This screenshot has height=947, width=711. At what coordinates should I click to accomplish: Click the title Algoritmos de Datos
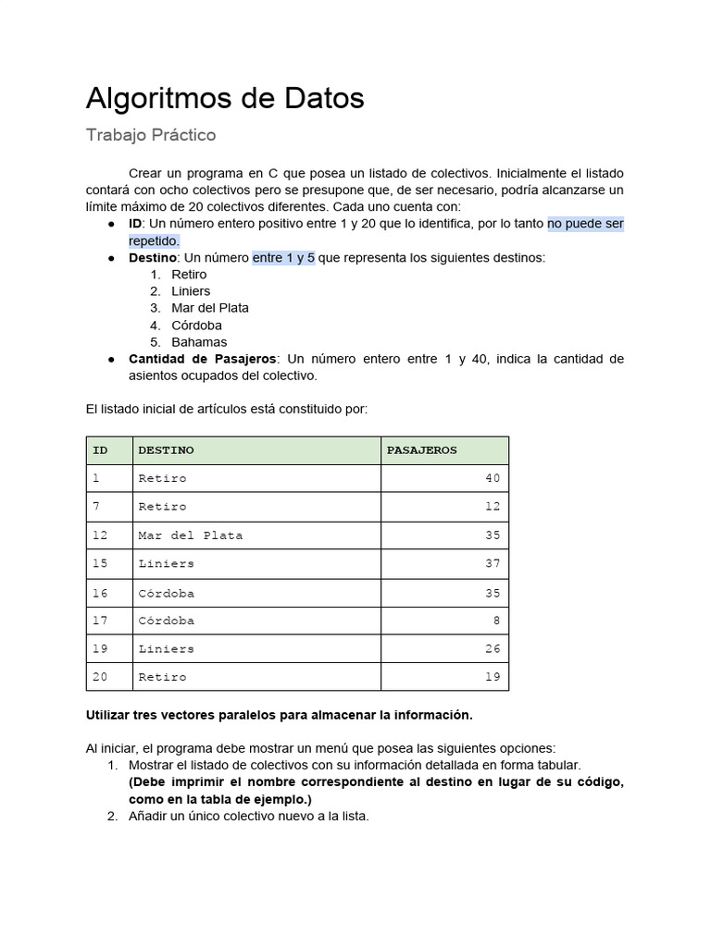(x=225, y=98)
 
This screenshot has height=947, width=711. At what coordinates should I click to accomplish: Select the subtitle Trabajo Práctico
(x=151, y=135)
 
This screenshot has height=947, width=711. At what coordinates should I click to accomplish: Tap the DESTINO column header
(x=167, y=450)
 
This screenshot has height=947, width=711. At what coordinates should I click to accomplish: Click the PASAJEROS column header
(x=421, y=450)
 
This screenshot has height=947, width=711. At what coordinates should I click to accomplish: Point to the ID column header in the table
(x=100, y=450)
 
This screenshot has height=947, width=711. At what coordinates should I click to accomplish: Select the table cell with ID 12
(x=100, y=535)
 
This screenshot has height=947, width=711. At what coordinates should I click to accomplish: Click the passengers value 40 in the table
(x=492, y=478)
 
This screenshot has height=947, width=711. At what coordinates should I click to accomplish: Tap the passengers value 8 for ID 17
(x=496, y=621)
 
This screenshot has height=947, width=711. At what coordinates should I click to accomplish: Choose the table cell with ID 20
(x=100, y=677)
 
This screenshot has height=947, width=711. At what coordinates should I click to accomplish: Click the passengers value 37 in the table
(x=492, y=564)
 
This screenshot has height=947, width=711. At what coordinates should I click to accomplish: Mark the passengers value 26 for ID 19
(x=492, y=649)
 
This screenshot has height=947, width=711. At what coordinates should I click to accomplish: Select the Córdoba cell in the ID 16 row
(x=167, y=593)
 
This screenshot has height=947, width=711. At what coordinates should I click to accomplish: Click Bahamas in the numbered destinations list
(x=199, y=342)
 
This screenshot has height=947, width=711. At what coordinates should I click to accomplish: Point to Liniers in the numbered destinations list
(x=191, y=291)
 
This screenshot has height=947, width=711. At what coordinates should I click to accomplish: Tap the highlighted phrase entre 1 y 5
(x=283, y=258)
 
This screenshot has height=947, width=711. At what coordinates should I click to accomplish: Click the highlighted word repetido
(x=154, y=241)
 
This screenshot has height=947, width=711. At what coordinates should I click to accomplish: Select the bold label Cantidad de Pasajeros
(x=202, y=359)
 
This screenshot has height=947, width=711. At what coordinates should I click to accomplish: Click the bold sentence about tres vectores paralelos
(x=279, y=715)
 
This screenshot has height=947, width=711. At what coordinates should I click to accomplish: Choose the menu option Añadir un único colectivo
(x=248, y=816)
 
